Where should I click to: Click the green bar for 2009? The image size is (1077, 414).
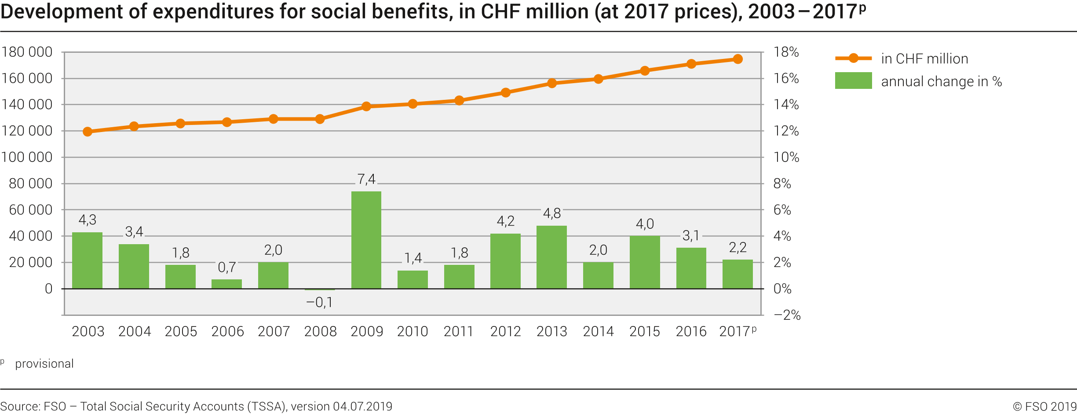366,240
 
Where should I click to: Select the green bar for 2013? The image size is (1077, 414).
551,257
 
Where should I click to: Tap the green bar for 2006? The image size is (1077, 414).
226,284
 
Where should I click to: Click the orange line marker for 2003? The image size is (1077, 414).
88,132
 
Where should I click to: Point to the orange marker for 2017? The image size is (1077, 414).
737,59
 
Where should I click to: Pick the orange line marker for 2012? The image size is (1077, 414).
505,92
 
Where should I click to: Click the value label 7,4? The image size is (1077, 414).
366,180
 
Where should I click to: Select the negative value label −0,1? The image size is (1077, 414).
319,303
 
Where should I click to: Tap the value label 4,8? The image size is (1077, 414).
551,214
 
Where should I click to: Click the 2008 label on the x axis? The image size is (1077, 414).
320,331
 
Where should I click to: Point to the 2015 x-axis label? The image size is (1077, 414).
644,331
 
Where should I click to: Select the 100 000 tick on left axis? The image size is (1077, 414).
27,157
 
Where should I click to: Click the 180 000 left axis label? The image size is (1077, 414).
27,52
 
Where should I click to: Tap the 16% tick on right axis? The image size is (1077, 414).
786,78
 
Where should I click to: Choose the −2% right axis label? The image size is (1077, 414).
787,315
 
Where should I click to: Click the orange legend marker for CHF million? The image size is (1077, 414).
853,58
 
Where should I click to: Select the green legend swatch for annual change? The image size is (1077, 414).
853,81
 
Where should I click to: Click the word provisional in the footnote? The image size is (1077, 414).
44,364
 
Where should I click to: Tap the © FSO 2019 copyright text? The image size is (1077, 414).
1044,407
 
